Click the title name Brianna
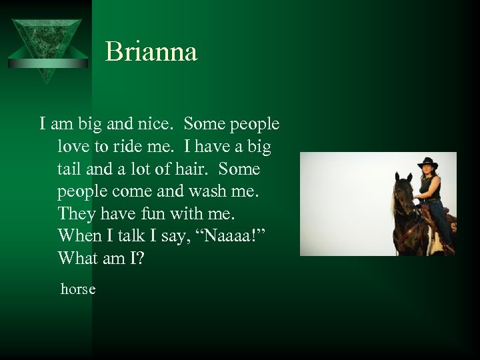coord(151,52)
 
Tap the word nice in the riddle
coord(159,124)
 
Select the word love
coord(73,147)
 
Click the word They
coord(77,214)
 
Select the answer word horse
coord(78,289)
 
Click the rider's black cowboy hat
coord(427,163)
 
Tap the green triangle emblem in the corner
coord(47,47)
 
